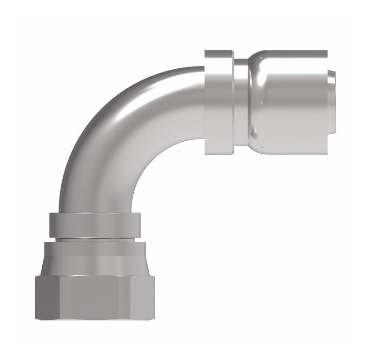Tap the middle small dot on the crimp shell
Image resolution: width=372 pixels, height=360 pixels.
[262, 101]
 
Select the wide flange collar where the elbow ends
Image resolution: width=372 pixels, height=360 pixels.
[219, 101]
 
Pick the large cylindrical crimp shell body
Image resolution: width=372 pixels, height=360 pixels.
[295, 103]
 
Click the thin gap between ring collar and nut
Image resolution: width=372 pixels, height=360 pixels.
[94, 239]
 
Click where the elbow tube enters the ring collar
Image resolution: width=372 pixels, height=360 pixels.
[94, 211]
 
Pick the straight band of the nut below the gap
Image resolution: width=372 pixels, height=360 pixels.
[94, 248]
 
